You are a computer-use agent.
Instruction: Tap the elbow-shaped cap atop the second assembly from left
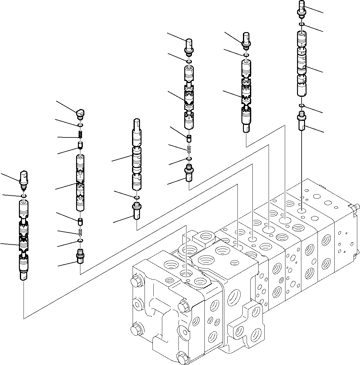click(x=80, y=114)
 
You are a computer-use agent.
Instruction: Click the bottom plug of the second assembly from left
click(x=80, y=257)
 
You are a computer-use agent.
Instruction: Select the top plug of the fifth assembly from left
click(x=246, y=40)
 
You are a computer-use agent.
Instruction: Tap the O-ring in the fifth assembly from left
click(x=246, y=55)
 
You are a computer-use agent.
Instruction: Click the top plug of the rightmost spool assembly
click(x=302, y=8)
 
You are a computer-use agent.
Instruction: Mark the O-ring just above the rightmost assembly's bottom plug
click(x=302, y=106)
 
